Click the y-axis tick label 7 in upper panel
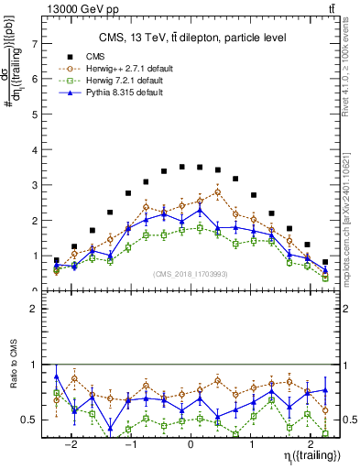[35, 43]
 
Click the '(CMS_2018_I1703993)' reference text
[191, 274]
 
